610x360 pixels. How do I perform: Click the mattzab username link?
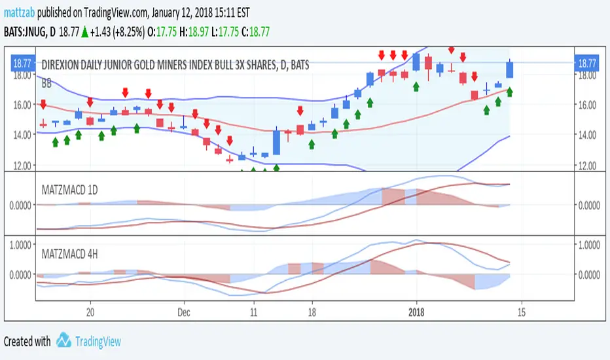(x=19, y=12)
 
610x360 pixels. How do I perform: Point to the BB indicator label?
(x=47, y=84)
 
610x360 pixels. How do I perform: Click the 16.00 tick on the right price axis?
(x=586, y=105)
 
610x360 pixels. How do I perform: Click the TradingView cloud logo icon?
(x=63, y=340)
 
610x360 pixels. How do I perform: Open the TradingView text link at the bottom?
(x=98, y=341)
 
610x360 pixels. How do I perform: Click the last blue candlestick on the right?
(x=510, y=69)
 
